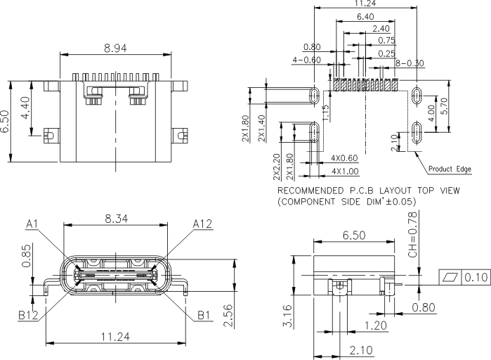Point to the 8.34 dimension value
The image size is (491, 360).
click(x=116, y=219)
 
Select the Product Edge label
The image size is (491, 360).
click(x=449, y=169)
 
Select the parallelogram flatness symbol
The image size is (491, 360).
click(x=449, y=276)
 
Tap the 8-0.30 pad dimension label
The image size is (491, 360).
click(x=410, y=63)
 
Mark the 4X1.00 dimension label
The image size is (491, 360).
click(x=345, y=172)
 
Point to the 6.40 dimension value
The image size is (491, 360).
click(x=366, y=17)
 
